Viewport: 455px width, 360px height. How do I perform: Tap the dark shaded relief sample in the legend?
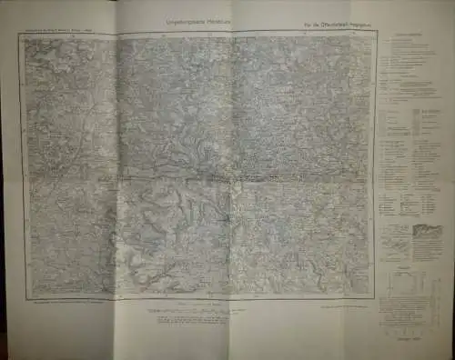(x=427, y=231)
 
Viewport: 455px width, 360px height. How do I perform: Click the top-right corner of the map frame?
(x=374, y=37)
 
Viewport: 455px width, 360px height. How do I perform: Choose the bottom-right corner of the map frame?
(x=373, y=296)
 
